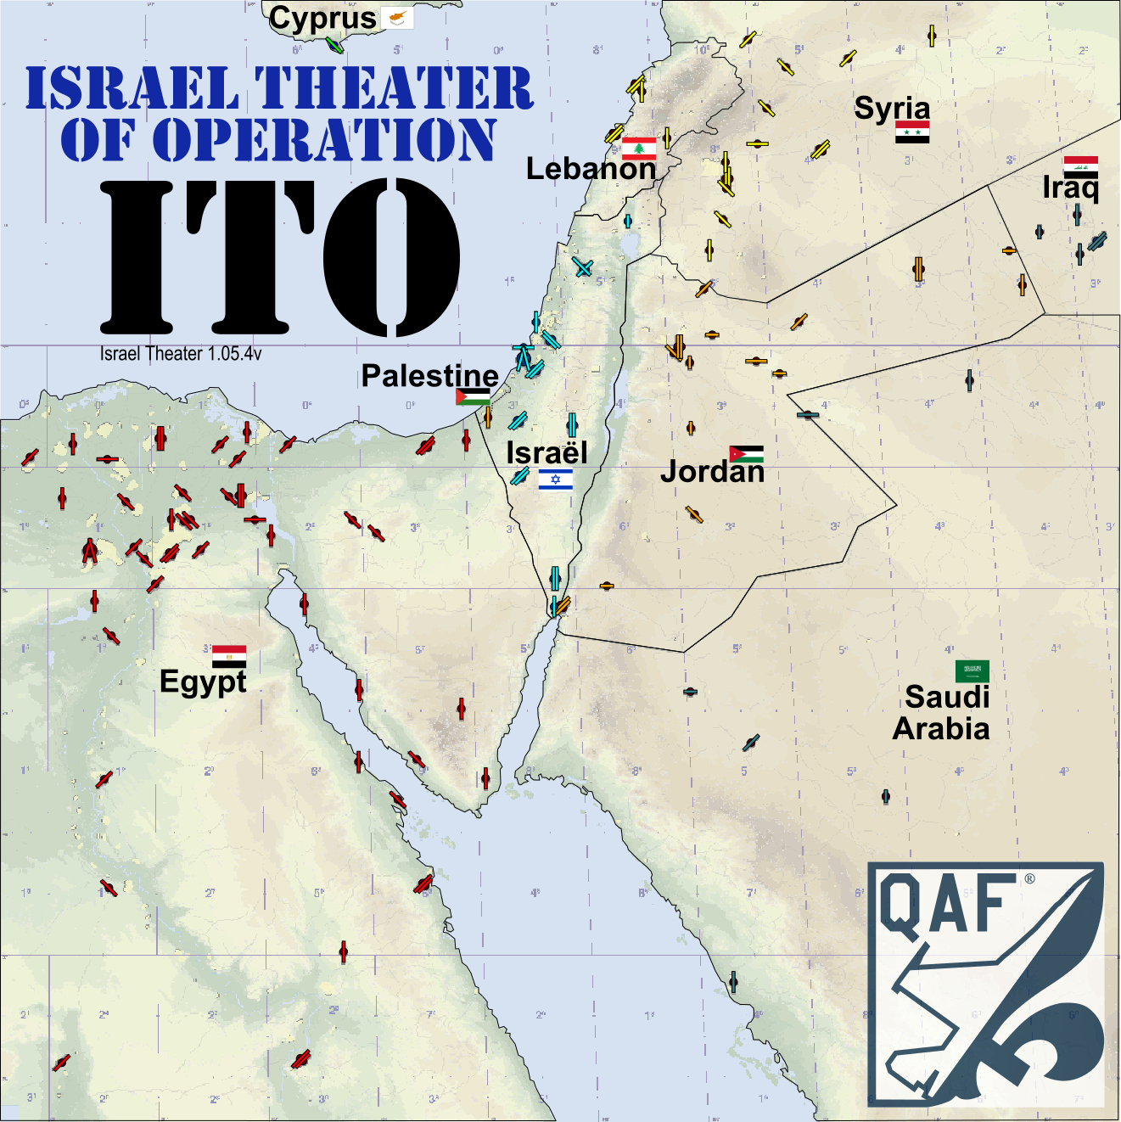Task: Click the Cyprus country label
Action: point(322,19)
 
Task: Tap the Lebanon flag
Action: point(639,149)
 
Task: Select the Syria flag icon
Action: point(912,132)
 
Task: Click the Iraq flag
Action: point(1080,165)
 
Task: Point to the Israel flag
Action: point(555,480)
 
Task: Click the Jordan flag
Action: point(746,454)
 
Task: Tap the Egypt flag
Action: point(229,656)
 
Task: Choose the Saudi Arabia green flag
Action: point(972,671)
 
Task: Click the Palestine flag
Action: point(473,396)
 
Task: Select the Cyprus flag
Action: point(397,18)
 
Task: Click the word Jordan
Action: point(712,472)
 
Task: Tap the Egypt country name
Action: point(203,682)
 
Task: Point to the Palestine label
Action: point(429,375)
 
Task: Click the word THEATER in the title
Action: point(394,88)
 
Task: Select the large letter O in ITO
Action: point(391,257)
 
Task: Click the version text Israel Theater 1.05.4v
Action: point(181,354)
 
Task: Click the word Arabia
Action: point(941,729)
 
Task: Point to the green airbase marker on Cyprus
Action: point(334,44)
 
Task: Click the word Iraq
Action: point(1070,188)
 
